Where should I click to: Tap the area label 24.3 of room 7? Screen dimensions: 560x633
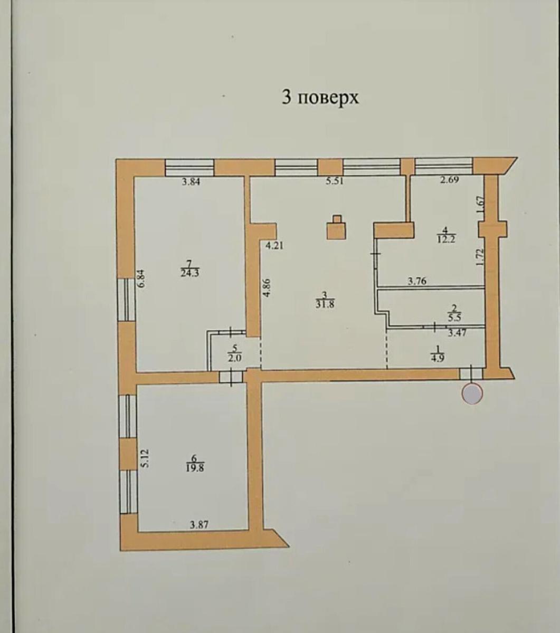tap(190, 273)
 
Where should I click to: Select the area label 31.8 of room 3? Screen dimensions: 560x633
tap(325, 304)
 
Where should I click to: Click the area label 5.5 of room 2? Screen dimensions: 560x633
tap(455, 318)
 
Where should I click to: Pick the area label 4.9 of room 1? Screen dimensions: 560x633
tap(438, 358)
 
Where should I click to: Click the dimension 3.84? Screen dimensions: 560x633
tap(191, 182)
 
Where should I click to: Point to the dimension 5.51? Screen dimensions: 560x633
tap(335, 181)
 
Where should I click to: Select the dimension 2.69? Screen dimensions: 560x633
tap(449, 180)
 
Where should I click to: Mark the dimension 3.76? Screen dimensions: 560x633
tap(417, 282)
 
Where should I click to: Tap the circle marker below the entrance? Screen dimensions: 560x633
tap(472, 394)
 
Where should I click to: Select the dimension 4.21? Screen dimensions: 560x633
tap(274, 246)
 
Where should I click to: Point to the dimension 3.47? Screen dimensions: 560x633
tap(457, 333)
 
